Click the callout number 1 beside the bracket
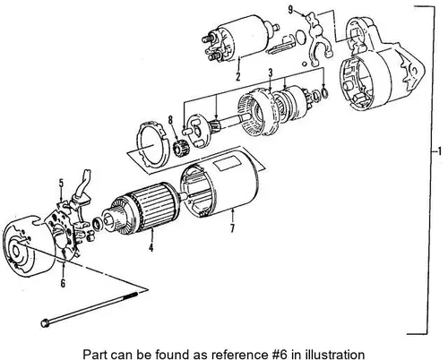(x=439, y=151)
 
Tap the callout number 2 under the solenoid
(x=237, y=76)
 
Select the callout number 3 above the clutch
(x=271, y=73)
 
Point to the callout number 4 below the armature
(x=151, y=247)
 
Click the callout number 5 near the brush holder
(x=61, y=183)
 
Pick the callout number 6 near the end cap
(x=63, y=283)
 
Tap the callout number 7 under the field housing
(x=232, y=228)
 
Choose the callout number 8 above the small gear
(x=170, y=120)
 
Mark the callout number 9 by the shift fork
(x=290, y=10)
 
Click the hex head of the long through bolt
(x=46, y=323)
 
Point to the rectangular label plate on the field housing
(x=228, y=163)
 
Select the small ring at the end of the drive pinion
(x=325, y=93)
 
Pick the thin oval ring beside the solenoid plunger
(x=301, y=37)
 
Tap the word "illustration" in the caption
(x=335, y=355)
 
